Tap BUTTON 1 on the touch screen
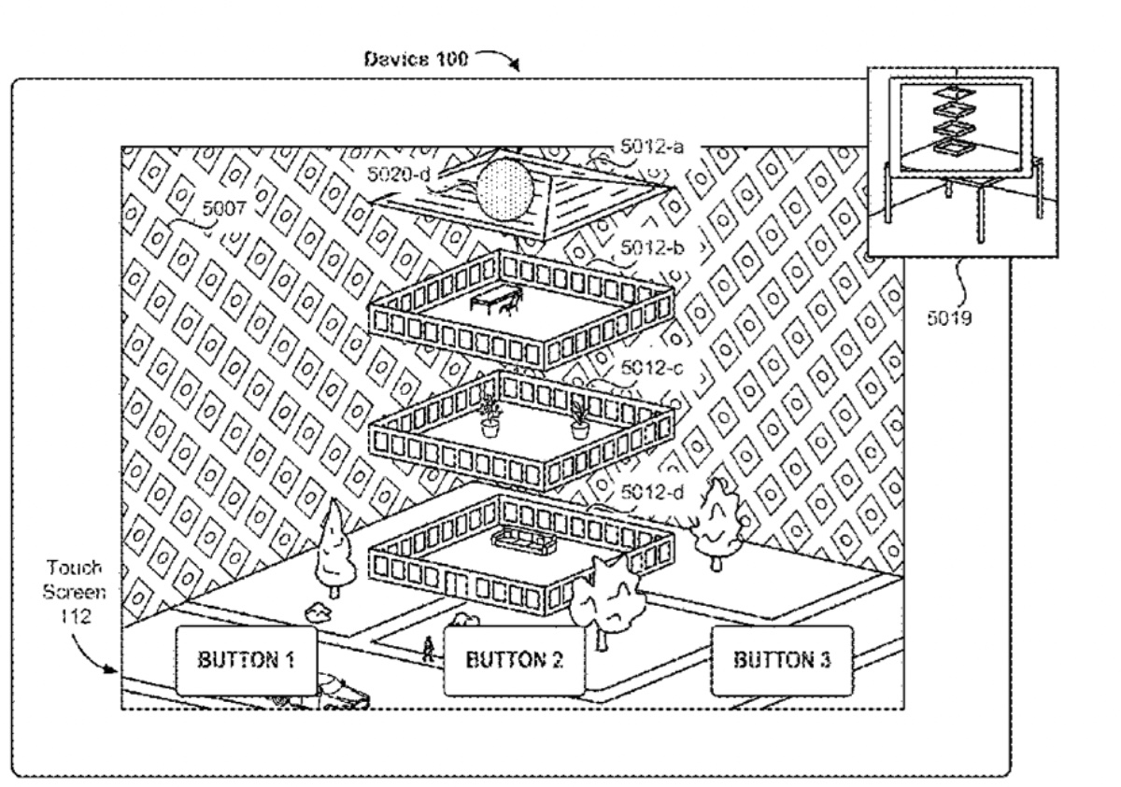point(244,661)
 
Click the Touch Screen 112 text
point(77,592)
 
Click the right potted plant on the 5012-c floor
point(579,420)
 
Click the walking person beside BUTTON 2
point(429,649)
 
